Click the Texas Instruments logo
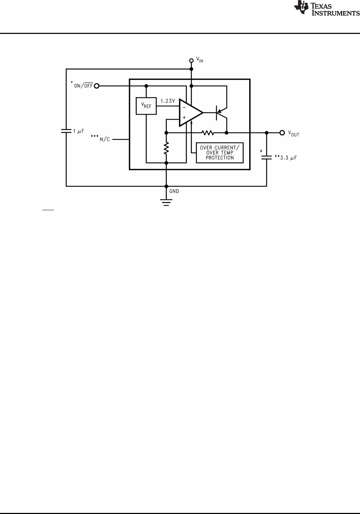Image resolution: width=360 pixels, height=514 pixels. [x=326, y=9]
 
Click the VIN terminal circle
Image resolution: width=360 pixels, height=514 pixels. [x=191, y=61]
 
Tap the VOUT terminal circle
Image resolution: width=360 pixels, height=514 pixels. [x=282, y=133]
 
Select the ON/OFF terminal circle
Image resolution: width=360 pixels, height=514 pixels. [x=96, y=86]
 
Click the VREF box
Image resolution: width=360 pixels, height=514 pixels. [x=146, y=106]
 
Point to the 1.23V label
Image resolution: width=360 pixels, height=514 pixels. [x=167, y=101]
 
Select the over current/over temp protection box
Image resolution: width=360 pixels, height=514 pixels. [x=220, y=153]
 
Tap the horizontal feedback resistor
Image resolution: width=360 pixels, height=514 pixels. [x=207, y=133]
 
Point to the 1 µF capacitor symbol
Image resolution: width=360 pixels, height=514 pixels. [x=66, y=131]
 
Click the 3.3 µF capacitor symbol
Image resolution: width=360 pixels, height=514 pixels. [x=266, y=157]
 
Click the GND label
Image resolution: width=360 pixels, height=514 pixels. [x=174, y=191]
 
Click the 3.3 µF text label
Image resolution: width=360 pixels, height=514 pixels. [x=286, y=157]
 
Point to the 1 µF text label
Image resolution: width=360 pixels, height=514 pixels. [x=79, y=131]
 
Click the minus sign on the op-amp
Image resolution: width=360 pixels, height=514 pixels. [x=184, y=107]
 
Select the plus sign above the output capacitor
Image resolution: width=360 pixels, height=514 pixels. [x=261, y=151]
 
